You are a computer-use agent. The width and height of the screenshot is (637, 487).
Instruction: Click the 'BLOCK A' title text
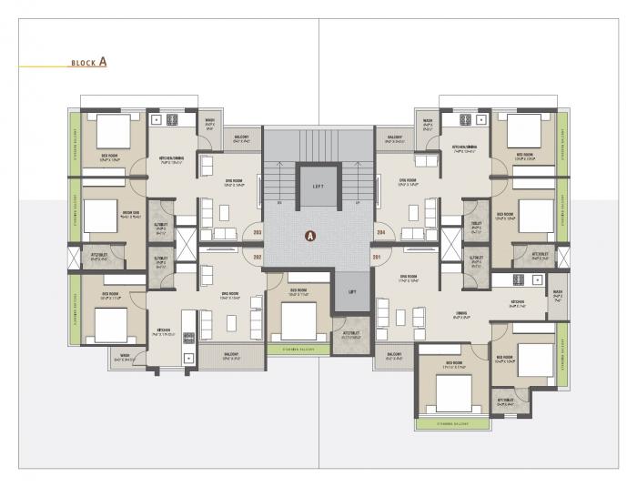pyautogui.click(x=89, y=63)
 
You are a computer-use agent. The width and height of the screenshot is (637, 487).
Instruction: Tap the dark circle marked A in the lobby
pyautogui.click(x=310, y=235)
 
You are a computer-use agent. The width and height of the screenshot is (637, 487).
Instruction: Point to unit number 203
pyautogui.click(x=258, y=232)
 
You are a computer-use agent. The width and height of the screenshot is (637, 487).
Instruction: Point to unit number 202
pyautogui.click(x=258, y=258)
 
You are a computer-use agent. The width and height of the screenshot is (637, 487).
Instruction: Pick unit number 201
pyautogui.click(x=377, y=257)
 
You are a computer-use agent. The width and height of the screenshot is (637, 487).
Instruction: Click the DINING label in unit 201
pyautogui.click(x=461, y=314)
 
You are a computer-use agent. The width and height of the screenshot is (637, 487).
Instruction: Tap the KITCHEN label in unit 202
pyautogui.click(x=163, y=330)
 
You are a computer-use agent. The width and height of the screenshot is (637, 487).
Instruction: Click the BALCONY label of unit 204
pyautogui.click(x=395, y=139)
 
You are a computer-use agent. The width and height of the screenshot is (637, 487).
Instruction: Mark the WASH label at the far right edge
pyautogui.click(x=557, y=294)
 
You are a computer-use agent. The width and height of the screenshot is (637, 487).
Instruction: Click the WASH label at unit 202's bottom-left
pyautogui.click(x=124, y=357)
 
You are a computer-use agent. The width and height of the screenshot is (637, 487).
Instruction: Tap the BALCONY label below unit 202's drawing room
pyautogui.click(x=231, y=356)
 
